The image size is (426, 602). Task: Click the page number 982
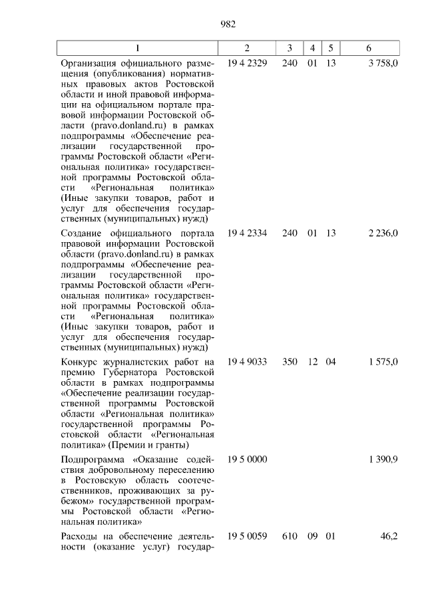(x=228, y=25)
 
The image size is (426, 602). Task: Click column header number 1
(x=138, y=48)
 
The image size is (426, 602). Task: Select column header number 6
(x=369, y=48)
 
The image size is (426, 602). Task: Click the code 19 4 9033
(x=247, y=361)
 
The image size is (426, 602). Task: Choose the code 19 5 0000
(x=247, y=460)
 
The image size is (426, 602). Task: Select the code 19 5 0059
(x=247, y=535)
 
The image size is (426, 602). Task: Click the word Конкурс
(x=79, y=361)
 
